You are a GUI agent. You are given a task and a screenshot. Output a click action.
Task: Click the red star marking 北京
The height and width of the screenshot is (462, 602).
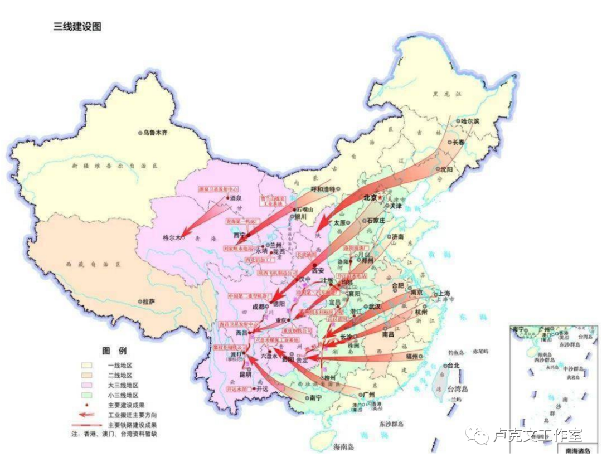(381, 197)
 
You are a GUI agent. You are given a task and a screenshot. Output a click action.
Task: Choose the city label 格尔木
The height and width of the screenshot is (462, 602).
(171, 237)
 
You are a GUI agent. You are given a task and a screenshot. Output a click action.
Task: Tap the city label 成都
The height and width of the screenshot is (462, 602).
(260, 306)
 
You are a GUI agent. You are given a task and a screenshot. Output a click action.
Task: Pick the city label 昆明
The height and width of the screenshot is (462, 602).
(246, 374)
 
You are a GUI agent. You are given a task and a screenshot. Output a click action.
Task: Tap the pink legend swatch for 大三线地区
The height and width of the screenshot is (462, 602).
(89, 385)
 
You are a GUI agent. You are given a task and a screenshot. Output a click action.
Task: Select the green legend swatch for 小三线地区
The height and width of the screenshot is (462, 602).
(89, 395)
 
